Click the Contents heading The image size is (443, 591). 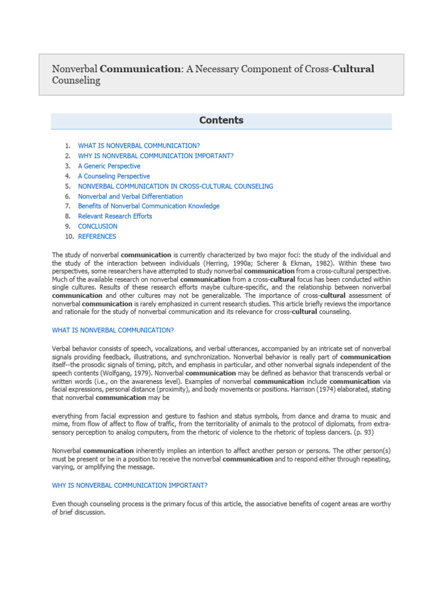tap(221, 121)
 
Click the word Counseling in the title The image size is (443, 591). tap(76, 81)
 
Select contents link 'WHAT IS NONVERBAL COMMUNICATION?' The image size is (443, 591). tap(139, 146)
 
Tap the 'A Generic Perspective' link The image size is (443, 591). tap(109, 166)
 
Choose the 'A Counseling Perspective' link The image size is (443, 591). tap(114, 176)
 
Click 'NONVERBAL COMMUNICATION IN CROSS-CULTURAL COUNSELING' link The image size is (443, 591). tap(175, 186)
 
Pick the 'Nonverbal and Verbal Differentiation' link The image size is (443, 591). tap(130, 196)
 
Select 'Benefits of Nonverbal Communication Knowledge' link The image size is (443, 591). tap(149, 206)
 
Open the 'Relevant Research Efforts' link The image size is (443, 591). tap(115, 216)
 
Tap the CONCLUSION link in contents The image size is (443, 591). tap(97, 226)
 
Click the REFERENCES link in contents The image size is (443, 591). tap(97, 237)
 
